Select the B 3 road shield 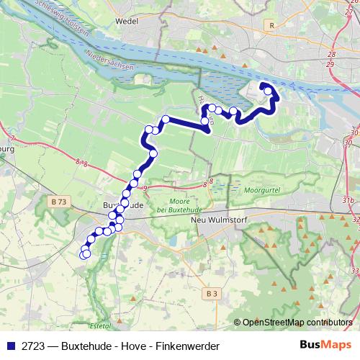click(x=211, y=294)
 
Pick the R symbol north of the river click(x=271, y=25)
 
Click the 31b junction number click(x=348, y=199)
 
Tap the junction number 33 click(x=354, y=270)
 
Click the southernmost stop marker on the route click(x=86, y=253)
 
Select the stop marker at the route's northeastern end click(x=269, y=91)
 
